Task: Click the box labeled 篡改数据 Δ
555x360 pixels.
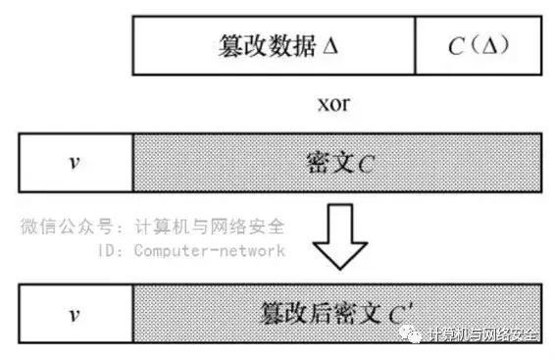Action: pyautogui.click(x=275, y=46)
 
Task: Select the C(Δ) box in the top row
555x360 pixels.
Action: pyautogui.click(x=478, y=46)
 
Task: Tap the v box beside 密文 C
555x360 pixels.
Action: pyautogui.click(x=75, y=162)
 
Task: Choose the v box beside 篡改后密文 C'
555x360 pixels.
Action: pyautogui.click(x=75, y=315)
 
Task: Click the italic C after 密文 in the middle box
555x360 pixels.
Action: pyautogui.click(x=365, y=163)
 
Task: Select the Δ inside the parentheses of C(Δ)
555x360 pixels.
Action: pyautogui.click(x=488, y=46)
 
